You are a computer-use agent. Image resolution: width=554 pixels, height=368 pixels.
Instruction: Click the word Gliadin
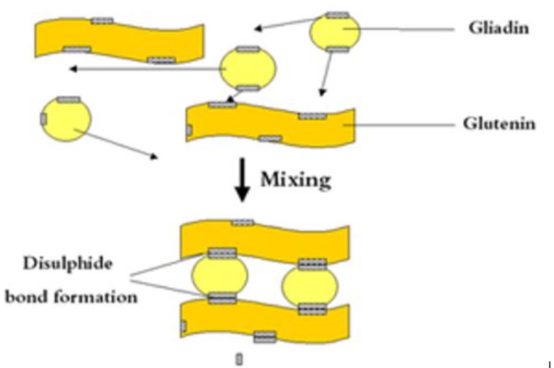pos(499,28)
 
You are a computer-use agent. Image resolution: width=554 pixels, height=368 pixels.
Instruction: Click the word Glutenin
pos(499,124)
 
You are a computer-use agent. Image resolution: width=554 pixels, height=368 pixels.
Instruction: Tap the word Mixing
pos(296,180)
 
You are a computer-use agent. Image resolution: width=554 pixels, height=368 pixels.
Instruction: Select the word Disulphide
pos(68,263)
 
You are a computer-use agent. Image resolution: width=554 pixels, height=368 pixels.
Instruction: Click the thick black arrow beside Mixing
pos(243,180)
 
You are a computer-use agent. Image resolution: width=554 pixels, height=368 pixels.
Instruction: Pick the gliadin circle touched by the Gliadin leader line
pos(335,32)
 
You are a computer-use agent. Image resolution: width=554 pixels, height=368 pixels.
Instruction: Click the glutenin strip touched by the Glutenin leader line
pos(270,124)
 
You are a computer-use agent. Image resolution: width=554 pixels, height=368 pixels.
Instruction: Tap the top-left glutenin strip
pos(119,41)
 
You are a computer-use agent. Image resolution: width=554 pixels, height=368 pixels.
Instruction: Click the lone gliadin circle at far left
pos(66,119)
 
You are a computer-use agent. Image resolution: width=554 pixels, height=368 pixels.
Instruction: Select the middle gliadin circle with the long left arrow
pos(248,68)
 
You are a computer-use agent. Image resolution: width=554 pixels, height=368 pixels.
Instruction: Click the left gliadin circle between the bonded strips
pos(220,276)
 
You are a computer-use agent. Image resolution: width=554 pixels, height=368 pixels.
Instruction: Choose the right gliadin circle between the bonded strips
pos(310,286)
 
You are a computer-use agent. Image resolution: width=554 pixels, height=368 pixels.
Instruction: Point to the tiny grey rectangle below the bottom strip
pos(239,359)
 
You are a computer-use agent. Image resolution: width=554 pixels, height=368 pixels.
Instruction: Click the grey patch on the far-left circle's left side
pos(44,119)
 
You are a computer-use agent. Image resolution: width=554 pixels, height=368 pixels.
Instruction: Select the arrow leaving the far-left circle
pos(116,144)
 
